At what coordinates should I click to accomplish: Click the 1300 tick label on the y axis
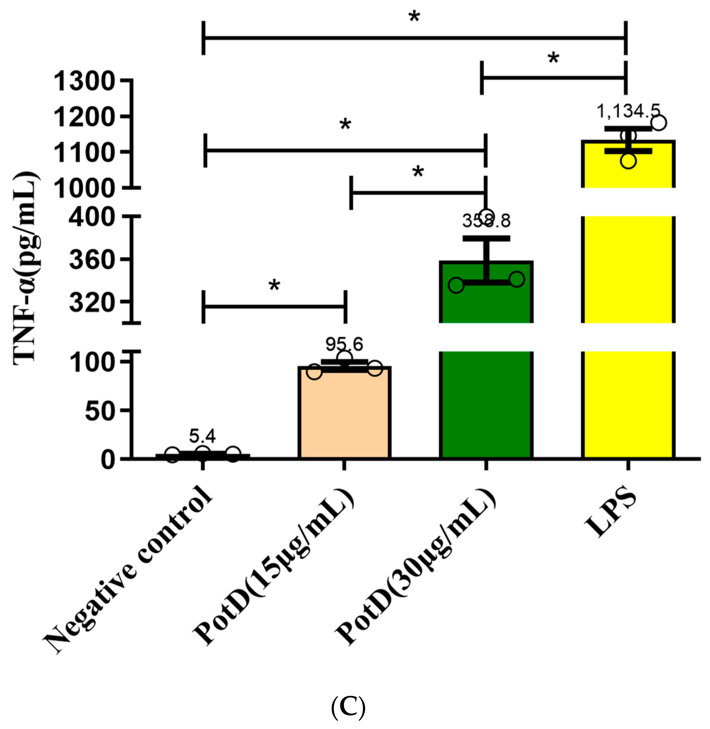point(84,82)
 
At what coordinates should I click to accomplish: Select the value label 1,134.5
point(628,111)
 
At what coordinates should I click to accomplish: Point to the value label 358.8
point(486,221)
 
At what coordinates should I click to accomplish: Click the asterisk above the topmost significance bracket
point(414,17)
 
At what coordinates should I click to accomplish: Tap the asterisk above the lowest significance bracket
point(274,286)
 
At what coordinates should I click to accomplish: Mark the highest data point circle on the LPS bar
point(659,123)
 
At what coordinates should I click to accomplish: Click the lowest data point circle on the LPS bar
point(628,161)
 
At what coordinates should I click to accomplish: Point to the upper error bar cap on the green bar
point(486,238)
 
